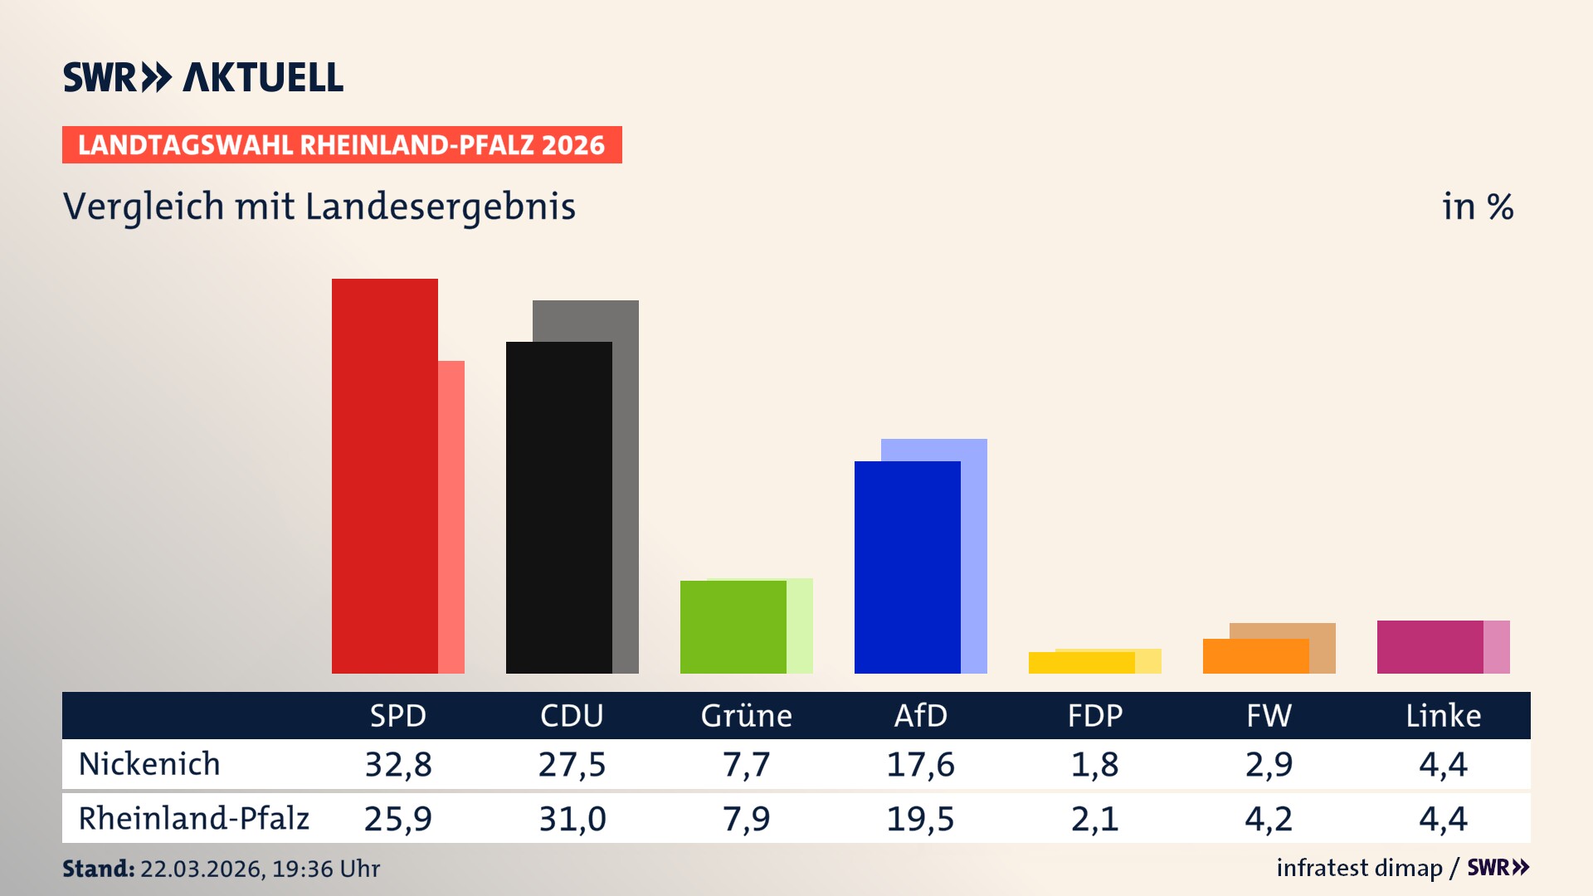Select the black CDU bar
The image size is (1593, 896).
click(x=558, y=507)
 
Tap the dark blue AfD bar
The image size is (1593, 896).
click(x=907, y=567)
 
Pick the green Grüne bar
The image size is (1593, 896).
click(x=733, y=626)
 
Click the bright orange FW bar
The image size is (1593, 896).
click(x=1255, y=656)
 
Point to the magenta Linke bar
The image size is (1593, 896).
click(x=1430, y=646)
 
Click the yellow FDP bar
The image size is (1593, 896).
click(x=1081, y=663)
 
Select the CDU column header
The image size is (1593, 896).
click(x=572, y=716)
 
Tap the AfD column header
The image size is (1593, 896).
click(x=920, y=716)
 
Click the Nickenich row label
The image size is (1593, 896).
click(x=149, y=764)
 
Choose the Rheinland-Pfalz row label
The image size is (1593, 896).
click(x=193, y=819)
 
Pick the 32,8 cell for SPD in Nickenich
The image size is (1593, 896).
click(x=398, y=764)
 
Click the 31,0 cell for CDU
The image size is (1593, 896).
click(x=572, y=819)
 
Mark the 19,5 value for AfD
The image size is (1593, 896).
click(x=920, y=819)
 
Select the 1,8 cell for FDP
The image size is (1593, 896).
click(x=1094, y=764)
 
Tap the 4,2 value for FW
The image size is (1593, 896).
click(x=1269, y=819)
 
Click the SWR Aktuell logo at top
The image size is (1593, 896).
click(x=203, y=77)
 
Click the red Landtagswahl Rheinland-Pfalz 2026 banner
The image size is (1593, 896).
click(x=342, y=145)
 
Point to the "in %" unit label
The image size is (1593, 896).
click(x=1477, y=207)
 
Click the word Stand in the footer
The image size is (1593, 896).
click(x=98, y=869)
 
